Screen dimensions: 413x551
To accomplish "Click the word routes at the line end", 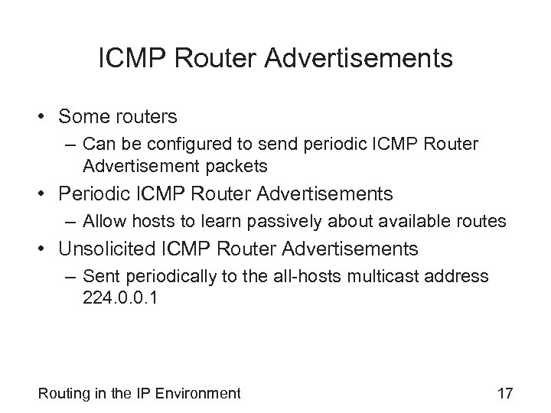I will (484, 221).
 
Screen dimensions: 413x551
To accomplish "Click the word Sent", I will (99, 276).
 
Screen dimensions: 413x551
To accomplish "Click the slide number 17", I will (504, 394).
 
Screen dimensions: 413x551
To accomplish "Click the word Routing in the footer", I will (63, 394).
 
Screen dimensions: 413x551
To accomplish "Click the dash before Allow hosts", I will (70, 221).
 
